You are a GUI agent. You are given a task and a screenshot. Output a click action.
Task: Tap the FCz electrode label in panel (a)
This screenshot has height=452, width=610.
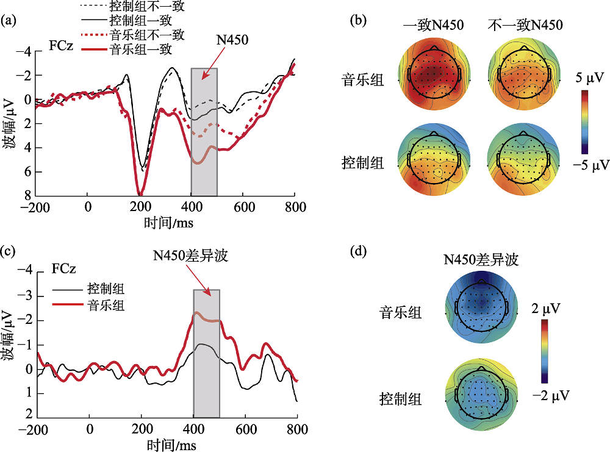62,45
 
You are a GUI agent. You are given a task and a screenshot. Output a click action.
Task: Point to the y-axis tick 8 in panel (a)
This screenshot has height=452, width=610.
27,195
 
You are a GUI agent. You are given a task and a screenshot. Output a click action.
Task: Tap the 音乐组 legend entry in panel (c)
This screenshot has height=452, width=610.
106,305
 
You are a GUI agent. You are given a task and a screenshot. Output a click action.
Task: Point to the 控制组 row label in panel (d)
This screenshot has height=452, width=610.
401,400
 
